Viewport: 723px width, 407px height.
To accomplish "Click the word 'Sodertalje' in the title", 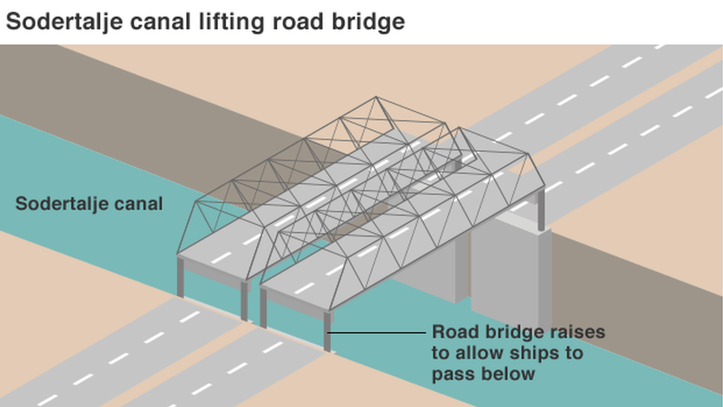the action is click(x=64, y=22).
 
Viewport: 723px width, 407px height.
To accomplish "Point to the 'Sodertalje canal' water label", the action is click(x=89, y=203).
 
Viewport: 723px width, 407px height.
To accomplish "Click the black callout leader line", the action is click(x=376, y=332).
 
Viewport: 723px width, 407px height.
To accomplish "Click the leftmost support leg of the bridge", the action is click(x=180, y=277).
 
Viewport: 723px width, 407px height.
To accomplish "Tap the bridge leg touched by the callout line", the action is click(x=327, y=331).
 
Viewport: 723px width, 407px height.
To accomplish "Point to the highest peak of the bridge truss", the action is click(x=376, y=97).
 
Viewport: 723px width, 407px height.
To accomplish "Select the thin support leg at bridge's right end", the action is click(x=541, y=210).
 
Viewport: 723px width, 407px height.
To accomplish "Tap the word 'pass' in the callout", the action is click(x=453, y=374).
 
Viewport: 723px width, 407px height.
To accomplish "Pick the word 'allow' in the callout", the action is click(x=478, y=353).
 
